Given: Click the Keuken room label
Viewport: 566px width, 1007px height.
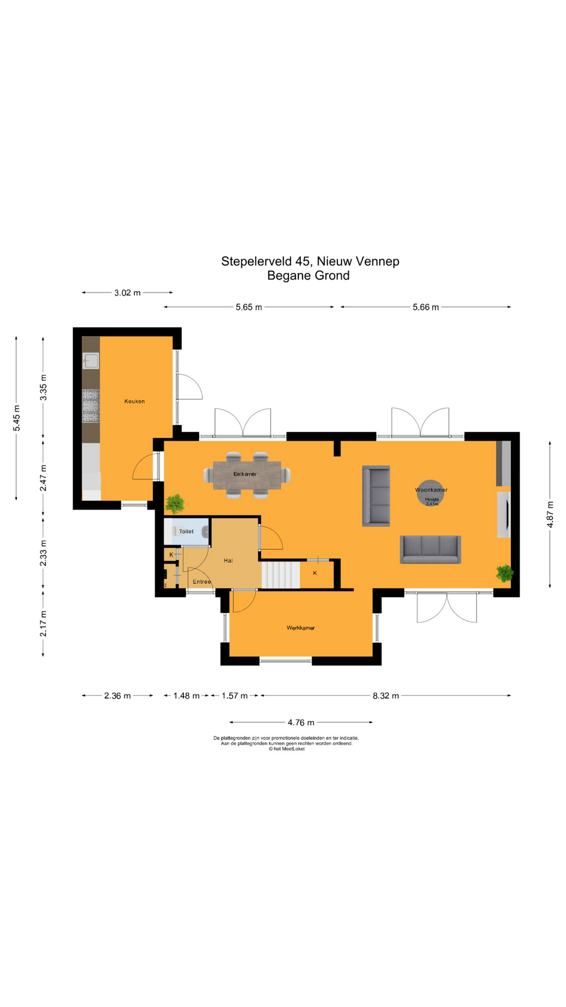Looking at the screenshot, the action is pos(134,401).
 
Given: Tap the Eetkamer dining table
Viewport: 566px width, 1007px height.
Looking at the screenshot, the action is pos(247,475).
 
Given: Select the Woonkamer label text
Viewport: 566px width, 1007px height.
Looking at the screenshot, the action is pos(431,490).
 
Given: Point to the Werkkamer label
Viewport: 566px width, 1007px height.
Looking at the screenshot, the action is pos(301,628).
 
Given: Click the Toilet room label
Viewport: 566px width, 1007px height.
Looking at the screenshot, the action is pos(187,531).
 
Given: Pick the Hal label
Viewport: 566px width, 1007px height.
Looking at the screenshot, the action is pos(228,561).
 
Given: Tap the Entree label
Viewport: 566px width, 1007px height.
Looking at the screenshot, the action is pos(202,582).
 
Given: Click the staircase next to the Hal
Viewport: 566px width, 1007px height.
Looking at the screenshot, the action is pos(280,575).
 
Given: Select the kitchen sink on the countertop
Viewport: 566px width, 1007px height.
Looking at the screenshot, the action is pos(91,361).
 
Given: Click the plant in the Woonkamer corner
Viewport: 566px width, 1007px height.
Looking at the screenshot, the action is pos(505,573).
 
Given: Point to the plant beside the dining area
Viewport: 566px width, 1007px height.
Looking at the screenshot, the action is pos(175,504).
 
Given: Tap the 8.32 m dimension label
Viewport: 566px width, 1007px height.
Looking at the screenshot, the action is pos(386,696).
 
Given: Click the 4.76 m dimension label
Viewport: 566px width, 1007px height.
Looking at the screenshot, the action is pos(301,723).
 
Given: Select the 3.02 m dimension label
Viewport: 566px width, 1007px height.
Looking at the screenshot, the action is pos(127,293).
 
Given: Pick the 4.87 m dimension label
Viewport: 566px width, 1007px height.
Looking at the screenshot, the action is pos(550,515).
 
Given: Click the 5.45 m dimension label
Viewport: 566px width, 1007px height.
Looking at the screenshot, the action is pos(17,419).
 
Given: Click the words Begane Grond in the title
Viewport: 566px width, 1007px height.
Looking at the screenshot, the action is pos(308,275).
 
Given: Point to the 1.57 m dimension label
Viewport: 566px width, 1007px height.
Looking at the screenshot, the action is pos(234,696).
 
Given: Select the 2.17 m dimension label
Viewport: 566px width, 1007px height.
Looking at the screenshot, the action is pos(43,624).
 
